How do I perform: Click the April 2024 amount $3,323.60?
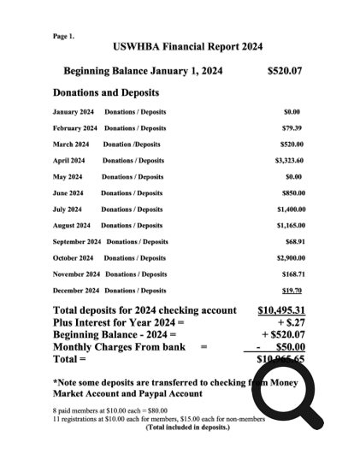pyautogui.click(x=290, y=161)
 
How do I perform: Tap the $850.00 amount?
pyautogui.click(x=293, y=193)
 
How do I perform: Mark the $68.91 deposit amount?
pyautogui.click(x=295, y=242)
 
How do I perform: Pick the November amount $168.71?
pyautogui.click(x=293, y=274)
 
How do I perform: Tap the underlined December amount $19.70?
pyautogui.click(x=295, y=291)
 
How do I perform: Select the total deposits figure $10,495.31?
pyautogui.click(x=281, y=310)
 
